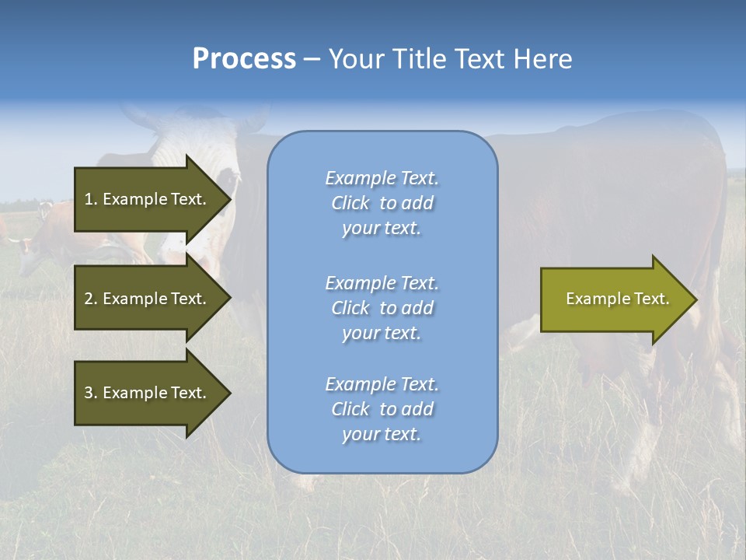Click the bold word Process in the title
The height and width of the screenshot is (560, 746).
point(244,59)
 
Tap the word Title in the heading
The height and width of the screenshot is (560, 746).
point(416,59)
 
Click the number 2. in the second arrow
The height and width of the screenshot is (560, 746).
point(91,299)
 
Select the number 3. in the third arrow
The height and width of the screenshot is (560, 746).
point(91,393)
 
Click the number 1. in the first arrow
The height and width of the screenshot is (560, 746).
point(91,199)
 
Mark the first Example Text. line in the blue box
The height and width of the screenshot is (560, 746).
point(382,178)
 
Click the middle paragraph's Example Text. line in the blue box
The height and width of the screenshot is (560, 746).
point(382,283)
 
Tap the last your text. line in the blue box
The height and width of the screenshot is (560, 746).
point(382,434)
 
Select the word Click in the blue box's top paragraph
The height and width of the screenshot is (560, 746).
point(350,203)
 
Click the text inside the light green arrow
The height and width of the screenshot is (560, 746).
point(618,299)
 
